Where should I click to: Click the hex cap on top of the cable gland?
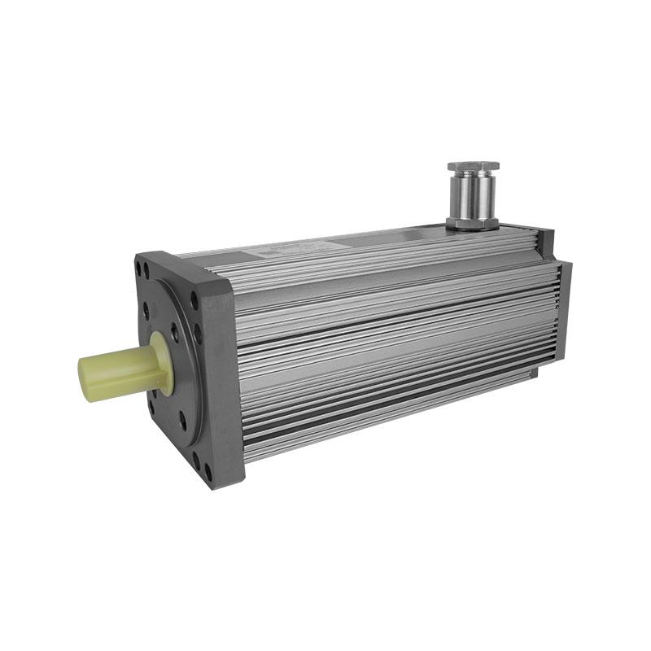pyautogui.click(x=474, y=168)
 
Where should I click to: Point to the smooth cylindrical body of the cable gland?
pyautogui.click(x=473, y=195)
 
